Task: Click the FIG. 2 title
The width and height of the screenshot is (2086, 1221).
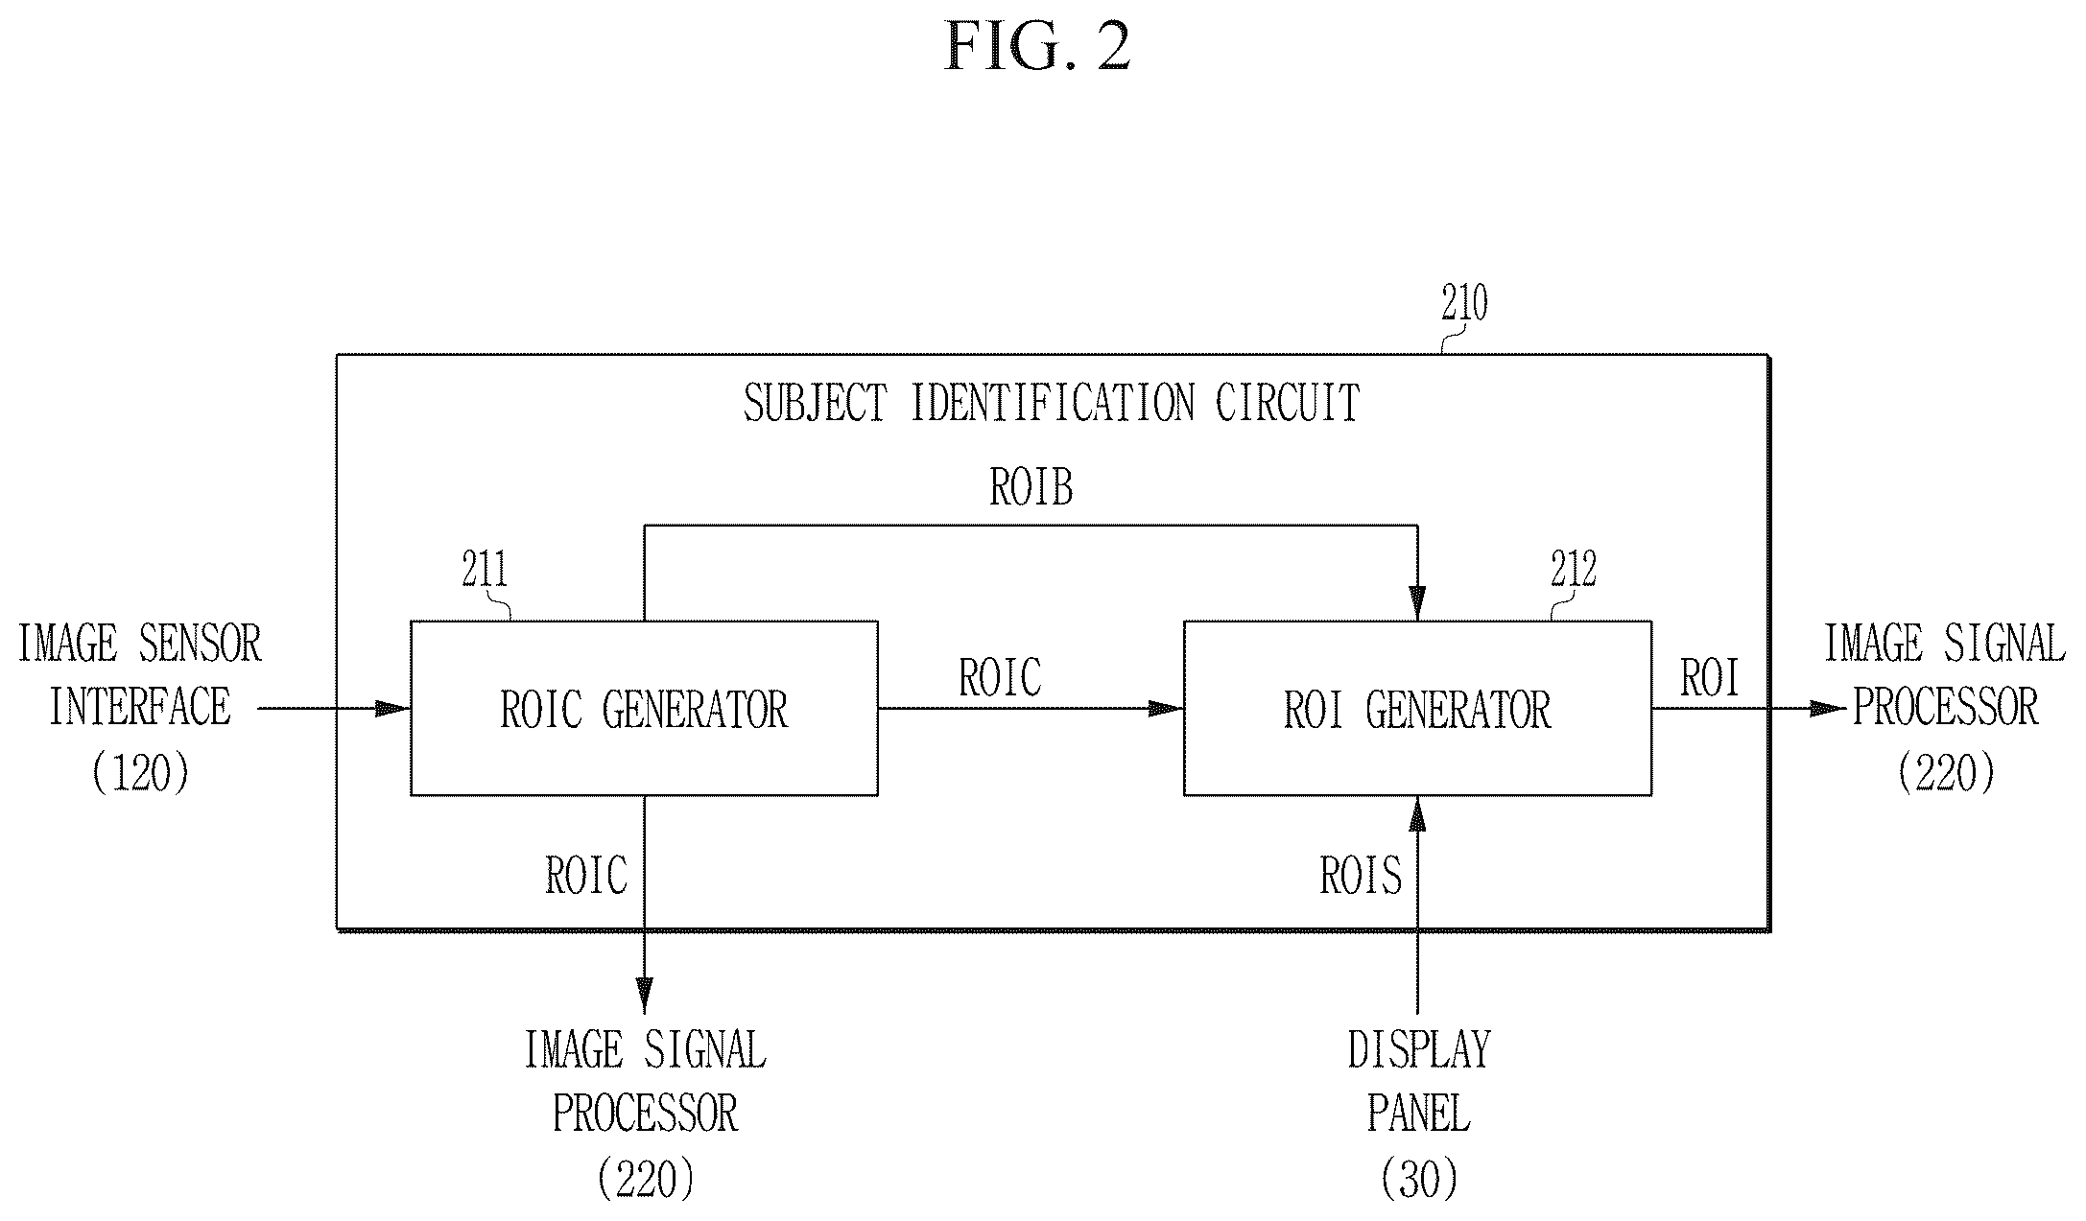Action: point(1037,47)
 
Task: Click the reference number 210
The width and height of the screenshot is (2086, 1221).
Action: point(1464,304)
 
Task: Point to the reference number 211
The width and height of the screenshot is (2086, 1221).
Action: point(486,571)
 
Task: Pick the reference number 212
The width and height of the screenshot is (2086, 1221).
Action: point(1574,571)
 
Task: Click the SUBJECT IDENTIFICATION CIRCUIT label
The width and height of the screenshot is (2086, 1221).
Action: point(1052,403)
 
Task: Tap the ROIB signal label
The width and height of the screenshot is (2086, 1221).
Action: point(1031,487)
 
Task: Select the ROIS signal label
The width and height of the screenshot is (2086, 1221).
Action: point(1361,876)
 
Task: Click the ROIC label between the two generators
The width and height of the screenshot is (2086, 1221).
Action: point(1000,678)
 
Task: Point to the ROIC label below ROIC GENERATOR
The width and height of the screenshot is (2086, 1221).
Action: point(586,876)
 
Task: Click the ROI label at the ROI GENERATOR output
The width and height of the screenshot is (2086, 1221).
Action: point(1710,678)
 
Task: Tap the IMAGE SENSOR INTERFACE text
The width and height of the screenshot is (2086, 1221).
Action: point(140,675)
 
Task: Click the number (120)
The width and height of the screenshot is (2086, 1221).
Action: point(141,772)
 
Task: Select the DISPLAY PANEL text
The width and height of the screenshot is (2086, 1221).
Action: point(1419,1082)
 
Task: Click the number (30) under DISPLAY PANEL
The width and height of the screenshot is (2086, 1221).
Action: point(1419,1179)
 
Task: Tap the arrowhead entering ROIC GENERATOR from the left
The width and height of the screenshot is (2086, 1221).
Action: point(392,709)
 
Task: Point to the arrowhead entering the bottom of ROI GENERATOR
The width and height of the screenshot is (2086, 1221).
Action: point(1417,813)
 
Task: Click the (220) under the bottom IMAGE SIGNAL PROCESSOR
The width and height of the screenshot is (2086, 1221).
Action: point(645,1179)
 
